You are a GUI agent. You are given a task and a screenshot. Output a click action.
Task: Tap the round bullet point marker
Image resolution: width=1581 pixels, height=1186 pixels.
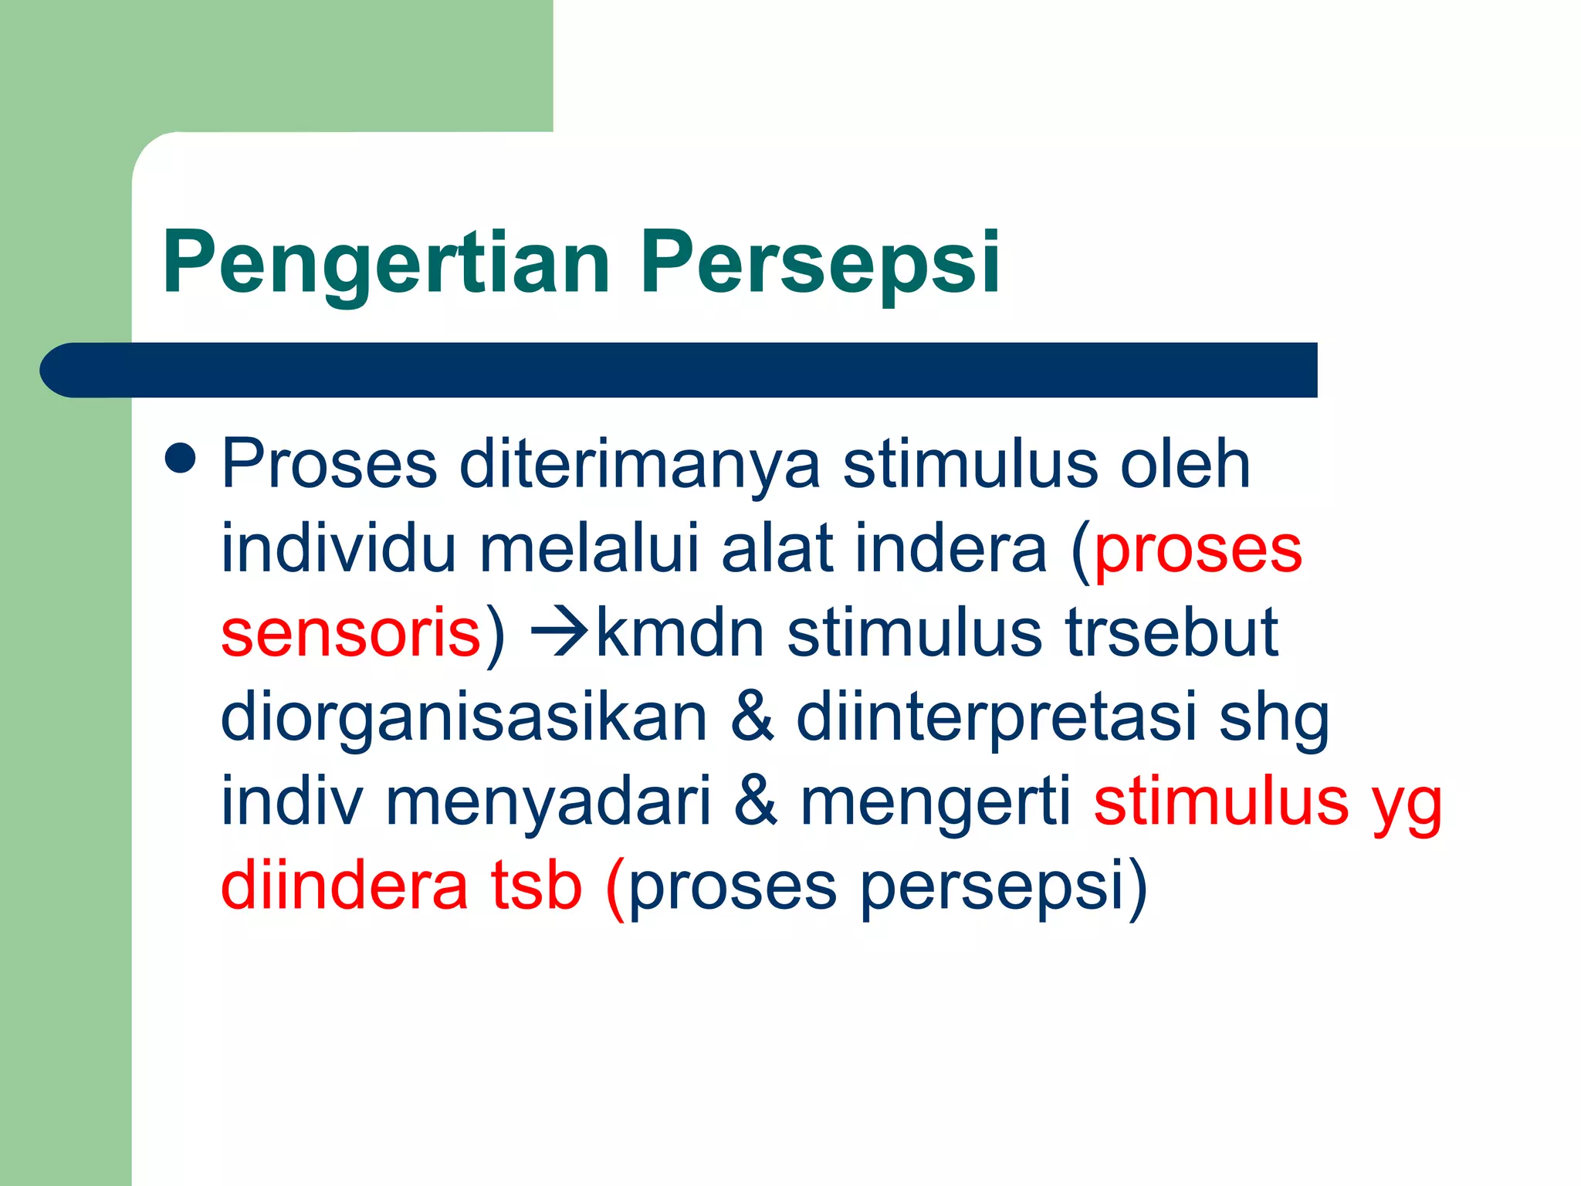tap(181, 457)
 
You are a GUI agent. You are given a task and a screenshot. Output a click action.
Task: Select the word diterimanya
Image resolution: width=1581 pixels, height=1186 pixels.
tap(639, 464)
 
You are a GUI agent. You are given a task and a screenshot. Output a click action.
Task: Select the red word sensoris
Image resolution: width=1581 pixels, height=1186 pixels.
tap(351, 633)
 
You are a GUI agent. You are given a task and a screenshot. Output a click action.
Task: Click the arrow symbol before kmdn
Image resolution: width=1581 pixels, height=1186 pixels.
tap(561, 633)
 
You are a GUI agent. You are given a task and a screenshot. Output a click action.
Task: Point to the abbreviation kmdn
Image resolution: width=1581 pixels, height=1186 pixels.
tap(680, 633)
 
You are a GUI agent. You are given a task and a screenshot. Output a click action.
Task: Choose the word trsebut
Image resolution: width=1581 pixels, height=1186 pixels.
tap(1172, 633)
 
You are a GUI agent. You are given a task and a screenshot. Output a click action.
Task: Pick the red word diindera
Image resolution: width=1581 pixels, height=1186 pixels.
tap(344, 886)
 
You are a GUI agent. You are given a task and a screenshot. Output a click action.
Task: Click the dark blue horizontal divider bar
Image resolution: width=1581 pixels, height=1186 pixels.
tap(679, 370)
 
